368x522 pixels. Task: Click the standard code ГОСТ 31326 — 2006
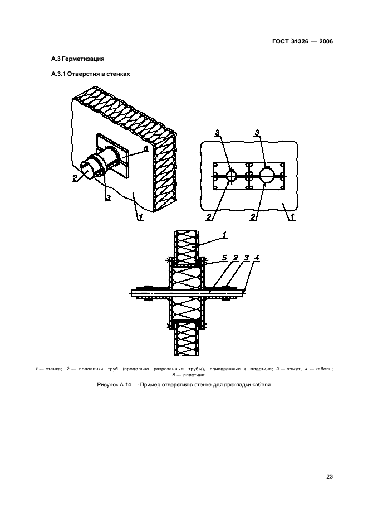[x=302, y=42]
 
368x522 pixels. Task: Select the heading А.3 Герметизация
[x=78, y=59]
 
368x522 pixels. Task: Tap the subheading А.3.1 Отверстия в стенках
[x=90, y=74]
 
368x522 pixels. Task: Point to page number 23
[x=330, y=476]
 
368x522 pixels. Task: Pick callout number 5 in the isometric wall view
[x=146, y=149]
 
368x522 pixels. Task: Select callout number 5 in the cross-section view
[x=224, y=258]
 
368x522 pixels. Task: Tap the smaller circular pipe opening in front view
[x=232, y=175]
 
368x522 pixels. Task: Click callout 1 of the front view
[x=292, y=217]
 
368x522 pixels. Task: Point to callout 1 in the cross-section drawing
[x=224, y=235]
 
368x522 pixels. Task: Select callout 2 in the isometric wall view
[x=75, y=178]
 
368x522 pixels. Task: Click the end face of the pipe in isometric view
[x=87, y=168]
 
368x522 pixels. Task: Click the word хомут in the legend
[x=292, y=369]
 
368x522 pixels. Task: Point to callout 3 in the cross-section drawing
[x=246, y=258]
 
